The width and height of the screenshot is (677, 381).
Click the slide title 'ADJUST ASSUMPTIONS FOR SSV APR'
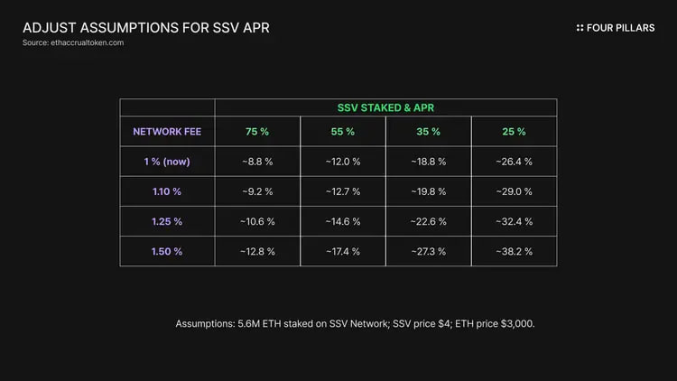click(145, 27)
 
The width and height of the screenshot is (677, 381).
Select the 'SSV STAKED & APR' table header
click(385, 107)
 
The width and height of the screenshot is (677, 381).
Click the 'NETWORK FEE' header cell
click(167, 131)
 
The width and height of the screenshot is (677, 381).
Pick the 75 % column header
click(257, 132)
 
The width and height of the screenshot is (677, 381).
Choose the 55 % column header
click(342, 132)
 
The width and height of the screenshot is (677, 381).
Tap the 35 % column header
click(428, 132)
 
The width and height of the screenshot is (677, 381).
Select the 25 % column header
click(514, 132)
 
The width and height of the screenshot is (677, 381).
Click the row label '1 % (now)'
click(167, 162)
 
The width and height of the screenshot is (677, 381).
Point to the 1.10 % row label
click(167, 191)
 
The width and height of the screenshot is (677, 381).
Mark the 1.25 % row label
click(167, 221)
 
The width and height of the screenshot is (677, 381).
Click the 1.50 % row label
click(167, 251)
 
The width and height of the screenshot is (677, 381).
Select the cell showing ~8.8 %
click(257, 162)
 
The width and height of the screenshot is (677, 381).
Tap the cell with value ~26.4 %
click(514, 162)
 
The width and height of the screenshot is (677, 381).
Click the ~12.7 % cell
click(342, 191)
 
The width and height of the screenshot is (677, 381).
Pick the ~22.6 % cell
click(428, 221)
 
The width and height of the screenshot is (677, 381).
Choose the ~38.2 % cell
click(514, 251)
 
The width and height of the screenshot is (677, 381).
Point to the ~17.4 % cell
click(342, 251)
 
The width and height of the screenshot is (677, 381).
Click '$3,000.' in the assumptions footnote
click(516, 322)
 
